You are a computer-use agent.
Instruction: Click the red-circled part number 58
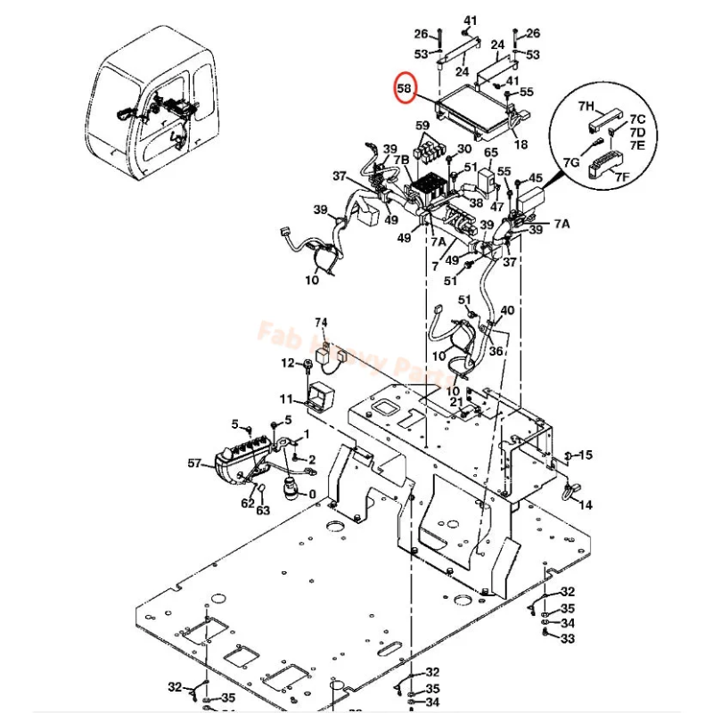click(x=405, y=88)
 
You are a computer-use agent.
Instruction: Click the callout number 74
click(x=321, y=322)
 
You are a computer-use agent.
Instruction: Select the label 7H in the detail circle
click(x=586, y=106)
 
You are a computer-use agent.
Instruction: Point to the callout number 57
click(x=195, y=463)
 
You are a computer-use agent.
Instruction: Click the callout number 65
click(x=490, y=153)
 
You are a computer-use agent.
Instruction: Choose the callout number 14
click(x=586, y=504)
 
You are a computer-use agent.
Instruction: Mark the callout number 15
click(x=586, y=455)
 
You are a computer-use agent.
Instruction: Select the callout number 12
click(x=287, y=363)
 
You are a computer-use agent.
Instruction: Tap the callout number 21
click(x=456, y=403)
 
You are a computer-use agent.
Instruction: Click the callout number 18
click(x=520, y=145)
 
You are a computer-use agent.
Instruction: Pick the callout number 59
click(x=422, y=127)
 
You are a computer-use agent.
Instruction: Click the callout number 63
click(x=263, y=511)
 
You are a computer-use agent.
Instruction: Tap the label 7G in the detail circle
click(x=571, y=163)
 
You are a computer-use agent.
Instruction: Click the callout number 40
click(x=507, y=310)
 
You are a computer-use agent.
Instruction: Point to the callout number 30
click(x=463, y=149)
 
